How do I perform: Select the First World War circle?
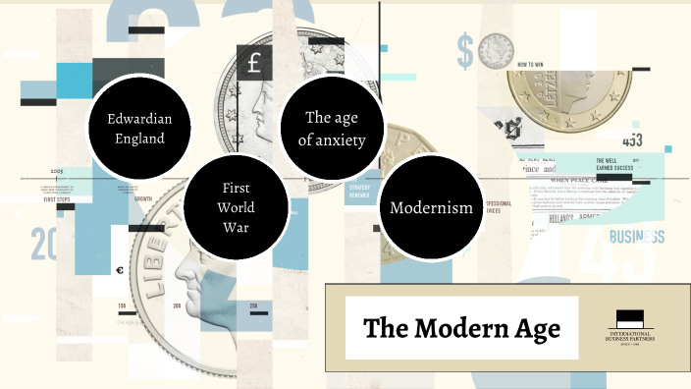click(237, 207)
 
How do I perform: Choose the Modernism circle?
click(430, 207)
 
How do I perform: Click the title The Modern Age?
click(461, 328)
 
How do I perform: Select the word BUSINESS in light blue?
click(636, 237)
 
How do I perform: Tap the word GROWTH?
click(142, 198)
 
